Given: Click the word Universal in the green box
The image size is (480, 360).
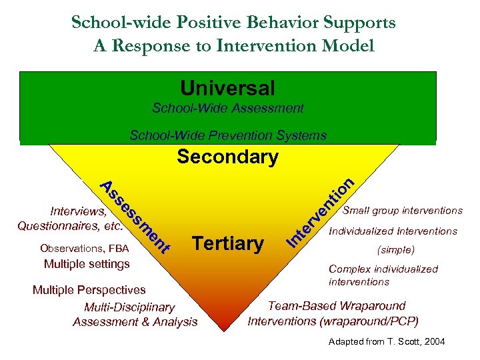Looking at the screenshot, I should [x=227, y=88].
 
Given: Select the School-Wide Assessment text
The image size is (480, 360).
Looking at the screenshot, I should [x=227, y=108].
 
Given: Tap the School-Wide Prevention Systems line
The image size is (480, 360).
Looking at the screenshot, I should [x=227, y=135].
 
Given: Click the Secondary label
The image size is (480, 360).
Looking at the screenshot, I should [x=227, y=157].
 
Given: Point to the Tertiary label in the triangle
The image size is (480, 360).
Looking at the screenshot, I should [x=227, y=243].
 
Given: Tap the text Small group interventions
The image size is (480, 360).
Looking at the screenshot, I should [x=402, y=211].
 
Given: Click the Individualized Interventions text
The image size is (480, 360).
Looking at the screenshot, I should [x=393, y=231].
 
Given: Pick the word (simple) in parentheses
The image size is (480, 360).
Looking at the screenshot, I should [x=396, y=250].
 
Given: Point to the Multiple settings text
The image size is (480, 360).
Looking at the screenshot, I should [x=87, y=264].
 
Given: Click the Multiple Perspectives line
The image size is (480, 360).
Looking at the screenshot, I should [x=89, y=290].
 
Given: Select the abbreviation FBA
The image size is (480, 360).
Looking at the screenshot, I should [x=119, y=249].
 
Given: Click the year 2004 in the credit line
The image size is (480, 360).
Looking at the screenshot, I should [x=433, y=342].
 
